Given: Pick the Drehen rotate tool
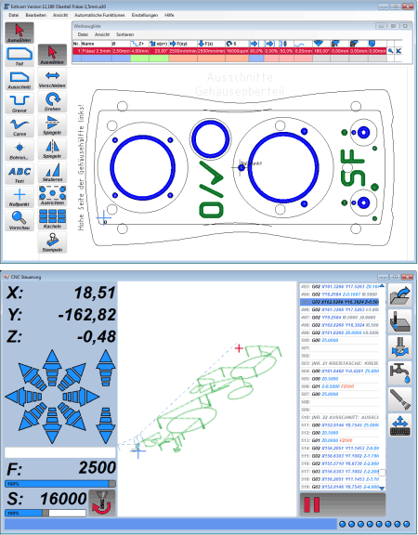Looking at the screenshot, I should (x=53, y=99).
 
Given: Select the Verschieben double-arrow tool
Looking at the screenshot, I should (x=53, y=76).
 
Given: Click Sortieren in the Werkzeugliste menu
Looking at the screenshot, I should (x=125, y=33).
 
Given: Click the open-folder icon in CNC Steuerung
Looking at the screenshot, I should (x=401, y=296).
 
